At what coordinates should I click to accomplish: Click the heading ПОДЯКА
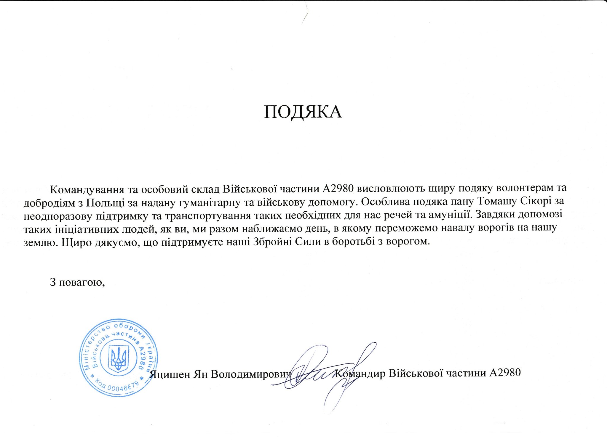coord(303,112)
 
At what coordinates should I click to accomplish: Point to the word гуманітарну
coord(206,202)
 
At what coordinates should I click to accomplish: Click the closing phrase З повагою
coord(78,282)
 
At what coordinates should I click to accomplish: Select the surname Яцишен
coord(170,374)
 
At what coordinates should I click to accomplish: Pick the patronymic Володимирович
coord(251,374)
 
